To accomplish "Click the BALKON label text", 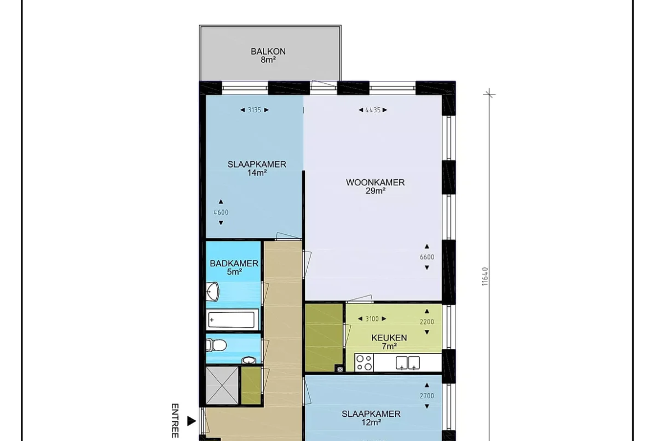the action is tap(268, 52).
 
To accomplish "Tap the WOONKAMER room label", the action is tap(376, 183).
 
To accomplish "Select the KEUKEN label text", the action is tap(389, 338).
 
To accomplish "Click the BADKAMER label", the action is tap(234, 263).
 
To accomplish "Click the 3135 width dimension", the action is tap(254, 110).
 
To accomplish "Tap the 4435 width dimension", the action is tap(373, 110).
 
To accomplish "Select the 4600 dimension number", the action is tap(221, 212).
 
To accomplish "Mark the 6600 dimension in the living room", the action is tap(427, 257).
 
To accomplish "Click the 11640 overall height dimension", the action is tap(485, 276).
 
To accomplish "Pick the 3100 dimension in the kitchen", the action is tap(372, 319).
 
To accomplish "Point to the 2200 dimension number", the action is tap(427, 322).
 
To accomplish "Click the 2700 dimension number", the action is tap(427, 395).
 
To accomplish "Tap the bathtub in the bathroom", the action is tap(232, 320).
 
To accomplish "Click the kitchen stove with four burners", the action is tap(364, 362).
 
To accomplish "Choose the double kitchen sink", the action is tap(408, 363).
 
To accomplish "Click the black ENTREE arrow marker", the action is tap(191, 421).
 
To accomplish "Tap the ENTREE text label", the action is tap(175, 421).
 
